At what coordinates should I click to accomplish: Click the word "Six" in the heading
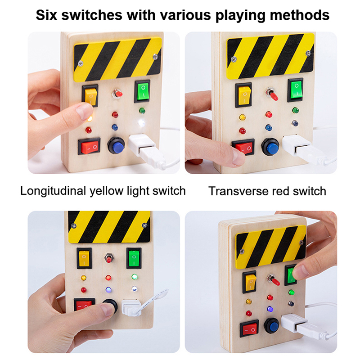(47, 15)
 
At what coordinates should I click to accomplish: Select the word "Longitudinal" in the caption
(53, 191)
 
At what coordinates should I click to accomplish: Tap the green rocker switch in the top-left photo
(142, 91)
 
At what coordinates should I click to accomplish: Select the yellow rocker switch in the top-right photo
(244, 94)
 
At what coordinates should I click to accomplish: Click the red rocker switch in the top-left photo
(89, 146)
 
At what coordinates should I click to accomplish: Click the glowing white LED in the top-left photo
(141, 122)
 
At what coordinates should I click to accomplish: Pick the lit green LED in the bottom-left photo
(135, 276)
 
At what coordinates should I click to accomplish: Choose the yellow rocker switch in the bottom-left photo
(84, 258)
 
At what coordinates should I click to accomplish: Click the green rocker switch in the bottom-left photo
(134, 257)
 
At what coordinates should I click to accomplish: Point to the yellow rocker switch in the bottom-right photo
(250, 282)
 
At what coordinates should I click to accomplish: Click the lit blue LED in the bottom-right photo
(270, 309)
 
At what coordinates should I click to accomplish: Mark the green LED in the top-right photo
(296, 110)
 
